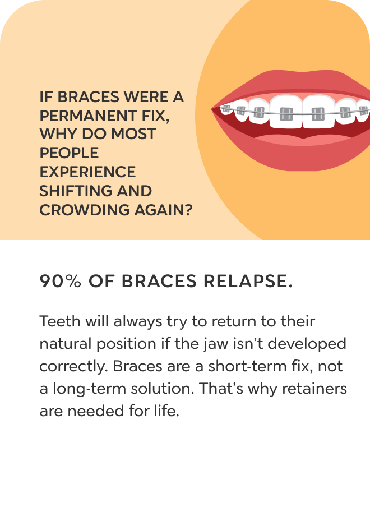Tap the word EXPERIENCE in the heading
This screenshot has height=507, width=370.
pos(87,172)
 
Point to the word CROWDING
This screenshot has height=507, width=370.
pos(85,210)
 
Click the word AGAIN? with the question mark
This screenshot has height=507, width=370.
pos(164,210)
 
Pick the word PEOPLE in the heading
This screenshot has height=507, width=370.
pos(69,153)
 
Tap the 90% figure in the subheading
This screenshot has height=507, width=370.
pos(60,281)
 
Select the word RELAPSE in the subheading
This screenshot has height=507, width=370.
pos(248,281)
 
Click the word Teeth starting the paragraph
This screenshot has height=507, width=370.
pos(60,321)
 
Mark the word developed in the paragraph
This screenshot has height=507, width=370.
pos(307,344)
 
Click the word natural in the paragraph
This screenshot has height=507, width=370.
pos(66,344)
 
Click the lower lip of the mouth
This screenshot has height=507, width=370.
pos(291,155)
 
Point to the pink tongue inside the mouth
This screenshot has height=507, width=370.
pos(303,140)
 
